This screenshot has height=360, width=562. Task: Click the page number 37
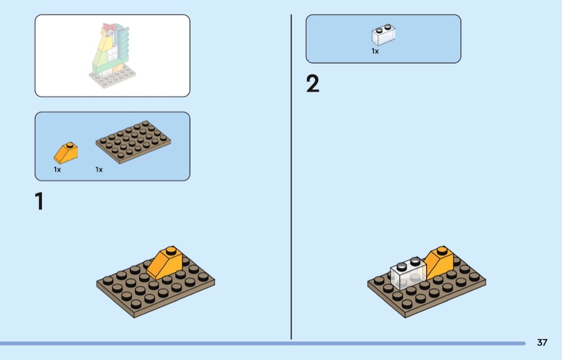click(x=542, y=342)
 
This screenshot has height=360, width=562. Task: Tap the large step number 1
click(x=39, y=201)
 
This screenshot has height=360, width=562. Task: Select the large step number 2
click(x=313, y=84)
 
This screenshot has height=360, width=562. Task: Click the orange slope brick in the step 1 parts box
click(x=66, y=153)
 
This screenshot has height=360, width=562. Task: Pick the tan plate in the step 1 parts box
click(x=133, y=142)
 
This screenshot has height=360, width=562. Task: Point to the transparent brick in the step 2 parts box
click(x=384, y=35)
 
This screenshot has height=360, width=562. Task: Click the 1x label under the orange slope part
click(x=57, y=170)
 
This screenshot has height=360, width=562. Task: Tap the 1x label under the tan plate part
click(x=99, y=170)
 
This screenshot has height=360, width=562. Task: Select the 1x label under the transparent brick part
click(x=375, y=51)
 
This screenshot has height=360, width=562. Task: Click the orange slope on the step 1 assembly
click(x=165, y=263)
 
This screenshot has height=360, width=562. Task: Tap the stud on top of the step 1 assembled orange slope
click(x=171, y=250)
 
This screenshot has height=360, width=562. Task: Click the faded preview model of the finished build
click(x=112, y=56)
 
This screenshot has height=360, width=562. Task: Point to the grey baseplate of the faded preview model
click(x=112, y=76)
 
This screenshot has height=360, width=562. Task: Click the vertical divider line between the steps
click(x=291, y=177)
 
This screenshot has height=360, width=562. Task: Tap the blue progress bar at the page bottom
click(x=263, y=343)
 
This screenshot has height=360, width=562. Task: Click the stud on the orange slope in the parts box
click(x=70, y=145)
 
